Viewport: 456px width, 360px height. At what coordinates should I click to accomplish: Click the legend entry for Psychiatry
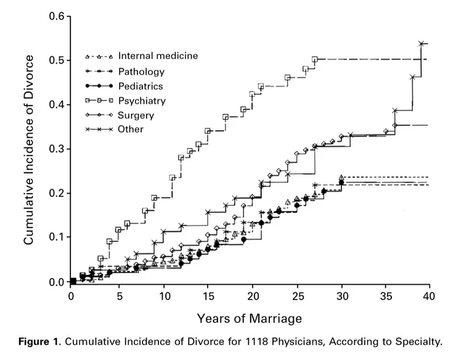[142, 100]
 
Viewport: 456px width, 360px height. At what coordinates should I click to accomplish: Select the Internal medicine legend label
[158, 55]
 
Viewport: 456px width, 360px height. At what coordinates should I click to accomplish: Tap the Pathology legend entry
[141, 72]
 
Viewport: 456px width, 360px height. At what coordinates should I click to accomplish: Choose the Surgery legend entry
[136, 115]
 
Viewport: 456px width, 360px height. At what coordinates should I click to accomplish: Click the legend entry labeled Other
[131, 129]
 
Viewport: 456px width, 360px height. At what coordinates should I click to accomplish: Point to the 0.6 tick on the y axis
[57, 16]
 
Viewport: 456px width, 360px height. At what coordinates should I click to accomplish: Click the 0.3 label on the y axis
[57, 149]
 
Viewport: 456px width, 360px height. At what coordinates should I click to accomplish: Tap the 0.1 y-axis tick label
[57, 237]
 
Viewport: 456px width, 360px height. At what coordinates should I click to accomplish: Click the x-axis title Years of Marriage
[250, 319]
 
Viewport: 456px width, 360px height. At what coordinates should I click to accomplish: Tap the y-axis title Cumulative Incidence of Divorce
[29, 149]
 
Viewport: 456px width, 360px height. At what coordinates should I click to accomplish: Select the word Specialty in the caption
[420, 342]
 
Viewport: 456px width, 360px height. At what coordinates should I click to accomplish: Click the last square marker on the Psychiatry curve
[315, 59]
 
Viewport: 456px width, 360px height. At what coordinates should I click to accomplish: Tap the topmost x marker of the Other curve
[421, 44]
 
